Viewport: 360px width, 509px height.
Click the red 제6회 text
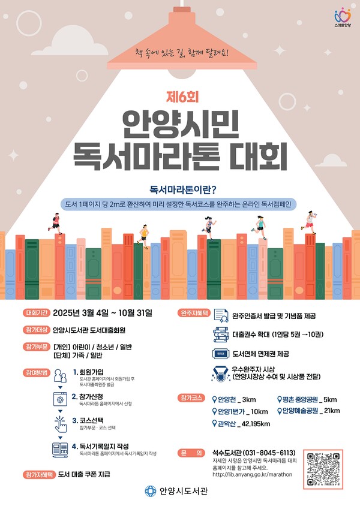pos(179,95)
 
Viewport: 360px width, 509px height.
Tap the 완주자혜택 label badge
pos(194,313)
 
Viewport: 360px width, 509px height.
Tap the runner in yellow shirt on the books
pos(143,235)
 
